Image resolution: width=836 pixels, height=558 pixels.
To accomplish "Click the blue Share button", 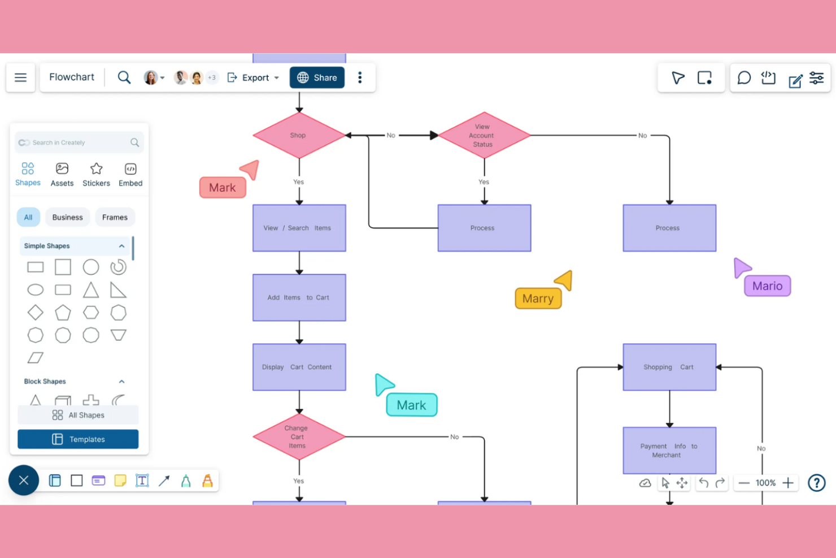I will [317, 77].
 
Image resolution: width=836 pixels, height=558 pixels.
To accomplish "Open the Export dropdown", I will [254, 77].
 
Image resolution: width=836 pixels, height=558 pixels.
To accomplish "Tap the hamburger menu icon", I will [21, 77].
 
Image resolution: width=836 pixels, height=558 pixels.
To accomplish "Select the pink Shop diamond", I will [299, 136].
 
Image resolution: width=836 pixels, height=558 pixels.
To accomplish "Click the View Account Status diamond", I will [484, 136].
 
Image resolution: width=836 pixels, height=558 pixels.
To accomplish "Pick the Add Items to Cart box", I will [299, 298].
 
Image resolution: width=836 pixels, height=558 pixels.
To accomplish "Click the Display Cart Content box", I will [299, 367].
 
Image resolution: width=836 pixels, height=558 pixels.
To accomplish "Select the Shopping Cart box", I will [669, 367].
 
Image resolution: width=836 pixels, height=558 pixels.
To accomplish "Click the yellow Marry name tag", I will [538, 299].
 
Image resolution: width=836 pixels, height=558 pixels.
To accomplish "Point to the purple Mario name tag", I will [767, 286].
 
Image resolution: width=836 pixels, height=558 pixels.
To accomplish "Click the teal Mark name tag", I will [411, 405].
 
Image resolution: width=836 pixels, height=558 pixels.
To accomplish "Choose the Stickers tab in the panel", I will [96, 175].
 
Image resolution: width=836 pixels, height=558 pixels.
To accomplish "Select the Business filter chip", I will [67, 217].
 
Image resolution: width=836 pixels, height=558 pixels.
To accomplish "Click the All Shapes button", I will [78, 415].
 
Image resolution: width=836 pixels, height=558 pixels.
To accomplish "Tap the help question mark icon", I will [816, 483].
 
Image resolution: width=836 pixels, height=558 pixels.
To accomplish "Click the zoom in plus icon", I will [788, 483].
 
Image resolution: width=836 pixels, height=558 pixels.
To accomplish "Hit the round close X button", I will [24, 481].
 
